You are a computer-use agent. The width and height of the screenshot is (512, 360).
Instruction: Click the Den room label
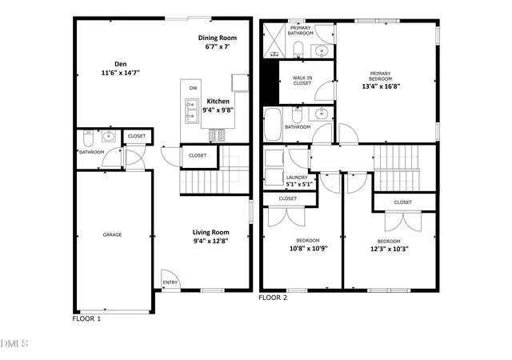pos(121,64)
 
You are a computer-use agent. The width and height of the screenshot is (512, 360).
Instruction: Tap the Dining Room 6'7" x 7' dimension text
pos(218,46)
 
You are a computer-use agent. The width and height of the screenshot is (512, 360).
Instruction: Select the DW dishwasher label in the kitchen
pos(194,88)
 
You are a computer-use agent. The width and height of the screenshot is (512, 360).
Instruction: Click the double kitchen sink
pos(192,111)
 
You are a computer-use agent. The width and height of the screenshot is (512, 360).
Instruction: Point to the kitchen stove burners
pos(217,135)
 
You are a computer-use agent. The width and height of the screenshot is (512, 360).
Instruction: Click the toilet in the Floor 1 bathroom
pos(88,138)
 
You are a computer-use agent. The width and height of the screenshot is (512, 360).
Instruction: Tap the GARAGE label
pos(112,234)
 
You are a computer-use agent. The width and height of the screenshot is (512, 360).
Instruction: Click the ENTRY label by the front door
pos(170,282)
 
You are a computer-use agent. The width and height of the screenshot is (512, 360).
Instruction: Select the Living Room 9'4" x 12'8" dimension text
pos(210,242)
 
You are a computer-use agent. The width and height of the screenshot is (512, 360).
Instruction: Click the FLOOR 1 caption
pos(86,319)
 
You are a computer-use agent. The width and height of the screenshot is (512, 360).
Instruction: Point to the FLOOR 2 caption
pos(273,298)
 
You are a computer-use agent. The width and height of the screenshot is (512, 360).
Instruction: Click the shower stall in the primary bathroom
pos(274,40)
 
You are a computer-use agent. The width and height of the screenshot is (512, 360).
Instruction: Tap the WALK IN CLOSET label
pos(302,81)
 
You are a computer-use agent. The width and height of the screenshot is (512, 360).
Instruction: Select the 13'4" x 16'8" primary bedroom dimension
pos(381,86)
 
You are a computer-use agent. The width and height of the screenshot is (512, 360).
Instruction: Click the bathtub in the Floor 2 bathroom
pos(273,124)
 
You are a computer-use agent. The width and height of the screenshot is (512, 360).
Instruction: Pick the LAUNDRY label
pos(297,178)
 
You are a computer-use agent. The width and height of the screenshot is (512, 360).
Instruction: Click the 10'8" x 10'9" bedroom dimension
pos(309,249)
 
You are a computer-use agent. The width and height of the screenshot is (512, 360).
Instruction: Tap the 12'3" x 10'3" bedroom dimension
pos(390,249)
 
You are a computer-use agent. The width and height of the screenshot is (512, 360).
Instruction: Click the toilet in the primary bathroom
pos(298,50)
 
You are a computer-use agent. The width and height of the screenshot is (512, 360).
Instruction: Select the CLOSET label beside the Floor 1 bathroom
pos(137,136)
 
